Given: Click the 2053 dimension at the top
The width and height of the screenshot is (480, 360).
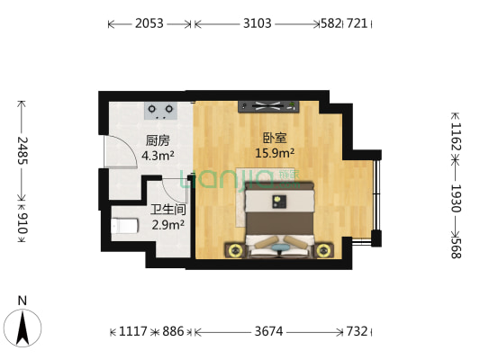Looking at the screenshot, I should (x=149, y=24).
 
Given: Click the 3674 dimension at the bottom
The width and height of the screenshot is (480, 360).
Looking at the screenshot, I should (x=267, y=331).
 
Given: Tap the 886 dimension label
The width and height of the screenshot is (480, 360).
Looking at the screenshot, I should (x=173, y=331).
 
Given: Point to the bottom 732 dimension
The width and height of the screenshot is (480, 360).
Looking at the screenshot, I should (x=358, y=331).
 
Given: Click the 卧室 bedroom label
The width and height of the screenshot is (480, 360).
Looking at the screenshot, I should (x=274, y=139).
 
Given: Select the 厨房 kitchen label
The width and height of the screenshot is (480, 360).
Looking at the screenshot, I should (x=158, y=139).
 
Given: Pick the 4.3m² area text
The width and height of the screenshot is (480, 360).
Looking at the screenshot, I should (x=158, y=154).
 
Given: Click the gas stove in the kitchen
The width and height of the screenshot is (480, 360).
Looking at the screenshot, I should (x=161, y=110).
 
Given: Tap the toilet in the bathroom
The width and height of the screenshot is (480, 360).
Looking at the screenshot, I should (x=122, y=226).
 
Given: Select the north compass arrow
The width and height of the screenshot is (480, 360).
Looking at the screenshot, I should (x=24, y=325).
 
